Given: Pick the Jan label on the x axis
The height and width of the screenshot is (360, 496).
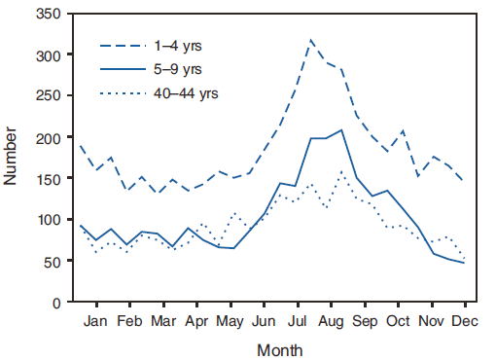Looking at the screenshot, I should pyautogui.click(x=95, y=320).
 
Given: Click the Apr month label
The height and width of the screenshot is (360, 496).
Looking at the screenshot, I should pyautogui.click(x=196, y=320).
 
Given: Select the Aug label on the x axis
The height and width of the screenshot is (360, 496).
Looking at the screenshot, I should pyautogui.click(x=331, y=320).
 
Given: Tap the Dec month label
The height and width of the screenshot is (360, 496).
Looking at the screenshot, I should pyautogui.click(x=464, y=320).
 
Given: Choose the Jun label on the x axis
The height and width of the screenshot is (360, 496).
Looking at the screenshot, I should pyautogui.click(x=263, y=320).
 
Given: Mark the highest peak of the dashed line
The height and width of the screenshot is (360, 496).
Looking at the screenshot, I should pyautogui.click(x=311, y=40).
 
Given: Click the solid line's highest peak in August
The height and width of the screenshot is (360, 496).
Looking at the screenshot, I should pyautogui.click(x=340, y=130).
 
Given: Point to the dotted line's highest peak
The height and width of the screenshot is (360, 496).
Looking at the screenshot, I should pyautogui.click(x=341, y=172).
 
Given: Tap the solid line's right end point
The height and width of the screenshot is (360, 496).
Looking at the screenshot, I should pyautogui.click(x=464, y=263).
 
